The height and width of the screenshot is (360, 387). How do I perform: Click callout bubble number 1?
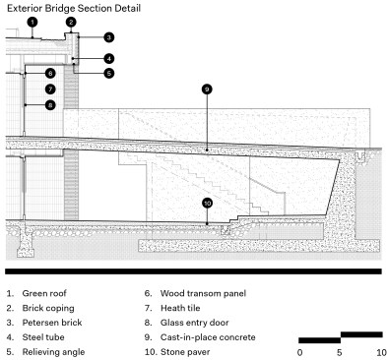coord(32,23)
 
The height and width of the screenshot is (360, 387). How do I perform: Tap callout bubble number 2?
coord(71,23)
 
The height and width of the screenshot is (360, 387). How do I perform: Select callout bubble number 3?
coord(109,37)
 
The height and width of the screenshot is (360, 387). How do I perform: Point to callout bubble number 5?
coord(109,73)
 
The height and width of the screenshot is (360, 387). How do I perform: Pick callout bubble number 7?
coord(50,89)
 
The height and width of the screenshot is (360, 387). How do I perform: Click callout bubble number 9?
coord(207,90)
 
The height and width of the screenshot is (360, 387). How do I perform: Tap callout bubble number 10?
coord(207,204)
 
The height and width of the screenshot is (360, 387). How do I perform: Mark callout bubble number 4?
coord(109,59)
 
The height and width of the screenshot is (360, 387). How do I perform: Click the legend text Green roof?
coord(44,293)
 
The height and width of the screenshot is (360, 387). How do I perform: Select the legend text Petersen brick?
coord(52,323)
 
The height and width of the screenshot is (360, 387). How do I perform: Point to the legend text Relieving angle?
coord(53,352)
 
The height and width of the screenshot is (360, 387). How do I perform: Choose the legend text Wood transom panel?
coord(203,293)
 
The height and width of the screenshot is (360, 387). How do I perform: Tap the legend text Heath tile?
coord(180,308)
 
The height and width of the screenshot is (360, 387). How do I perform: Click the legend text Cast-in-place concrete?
coord(208,337)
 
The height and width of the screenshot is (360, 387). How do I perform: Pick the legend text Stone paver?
coord(185,352)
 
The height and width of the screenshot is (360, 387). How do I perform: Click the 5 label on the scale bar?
coord(340,353)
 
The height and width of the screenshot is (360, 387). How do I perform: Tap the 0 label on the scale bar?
coord(299,353)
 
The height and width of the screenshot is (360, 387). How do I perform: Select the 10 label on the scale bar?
coord(381,353)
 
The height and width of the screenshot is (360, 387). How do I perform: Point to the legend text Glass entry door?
coord(194,323)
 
